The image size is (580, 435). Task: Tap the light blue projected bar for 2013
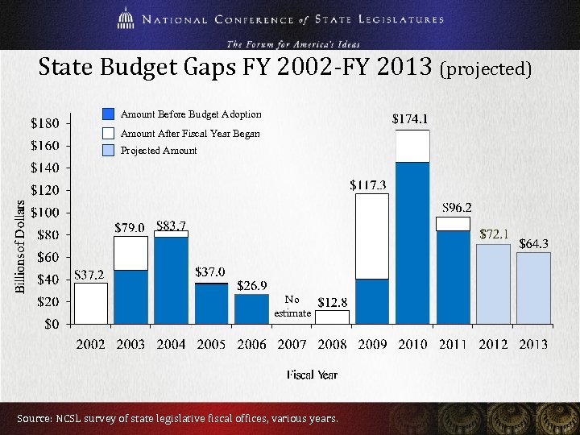coord(533,288)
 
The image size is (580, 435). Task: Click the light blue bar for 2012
coord(493,284)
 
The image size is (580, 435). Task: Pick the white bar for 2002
coord(90,303)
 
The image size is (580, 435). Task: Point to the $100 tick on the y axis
coord(45,213)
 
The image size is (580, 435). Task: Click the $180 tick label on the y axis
coord(45,124)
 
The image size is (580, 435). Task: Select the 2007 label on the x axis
coord(292,345)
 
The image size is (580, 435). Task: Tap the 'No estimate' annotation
coord(292,306)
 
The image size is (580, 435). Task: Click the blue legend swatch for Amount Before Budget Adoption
coord(109,114)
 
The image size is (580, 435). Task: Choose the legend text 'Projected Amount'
coord(159,151)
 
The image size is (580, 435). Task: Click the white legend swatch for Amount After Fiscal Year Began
coord(109,133)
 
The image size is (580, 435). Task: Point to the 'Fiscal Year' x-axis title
coord(312,375)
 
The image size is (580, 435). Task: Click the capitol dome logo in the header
coord(126,19)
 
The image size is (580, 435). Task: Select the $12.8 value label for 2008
coord(332,303)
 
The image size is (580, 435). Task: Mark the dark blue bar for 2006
coord(251,309)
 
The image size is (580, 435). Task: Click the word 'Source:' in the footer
coord(33,419)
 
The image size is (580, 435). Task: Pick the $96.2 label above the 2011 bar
coord(457,207)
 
